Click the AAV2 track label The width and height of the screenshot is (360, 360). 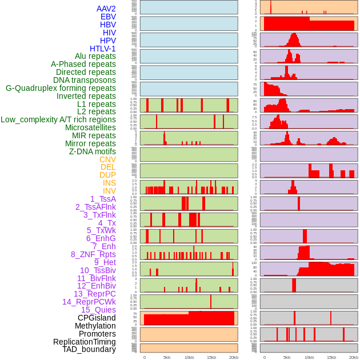coord(106,9)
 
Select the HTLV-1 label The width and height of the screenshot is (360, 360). coord(102,49)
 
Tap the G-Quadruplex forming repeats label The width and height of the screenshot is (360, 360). coord(61,88)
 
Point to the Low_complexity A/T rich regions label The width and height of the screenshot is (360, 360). coord(58,119)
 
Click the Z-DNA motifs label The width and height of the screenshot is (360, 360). coord(92,151)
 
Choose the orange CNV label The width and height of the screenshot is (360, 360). coord(107,159)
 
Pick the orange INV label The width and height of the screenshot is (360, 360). coord(109,191)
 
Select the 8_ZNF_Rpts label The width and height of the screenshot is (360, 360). coord(93,254)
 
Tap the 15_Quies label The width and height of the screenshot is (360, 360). coord(98,310)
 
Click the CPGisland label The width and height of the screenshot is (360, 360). coord(97,318)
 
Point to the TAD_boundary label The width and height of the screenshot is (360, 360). coord(89,349)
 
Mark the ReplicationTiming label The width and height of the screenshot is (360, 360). coord(84,342)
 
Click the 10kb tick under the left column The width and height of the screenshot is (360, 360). coord(189,357)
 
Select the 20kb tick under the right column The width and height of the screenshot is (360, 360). coord(354,357)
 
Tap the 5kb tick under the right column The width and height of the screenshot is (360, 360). coord(287,357)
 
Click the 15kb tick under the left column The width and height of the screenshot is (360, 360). coord(211,357)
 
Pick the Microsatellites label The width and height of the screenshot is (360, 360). coord(90,127)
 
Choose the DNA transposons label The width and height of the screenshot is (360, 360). coord(85,80)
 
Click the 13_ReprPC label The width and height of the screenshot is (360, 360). coord(94,294)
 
